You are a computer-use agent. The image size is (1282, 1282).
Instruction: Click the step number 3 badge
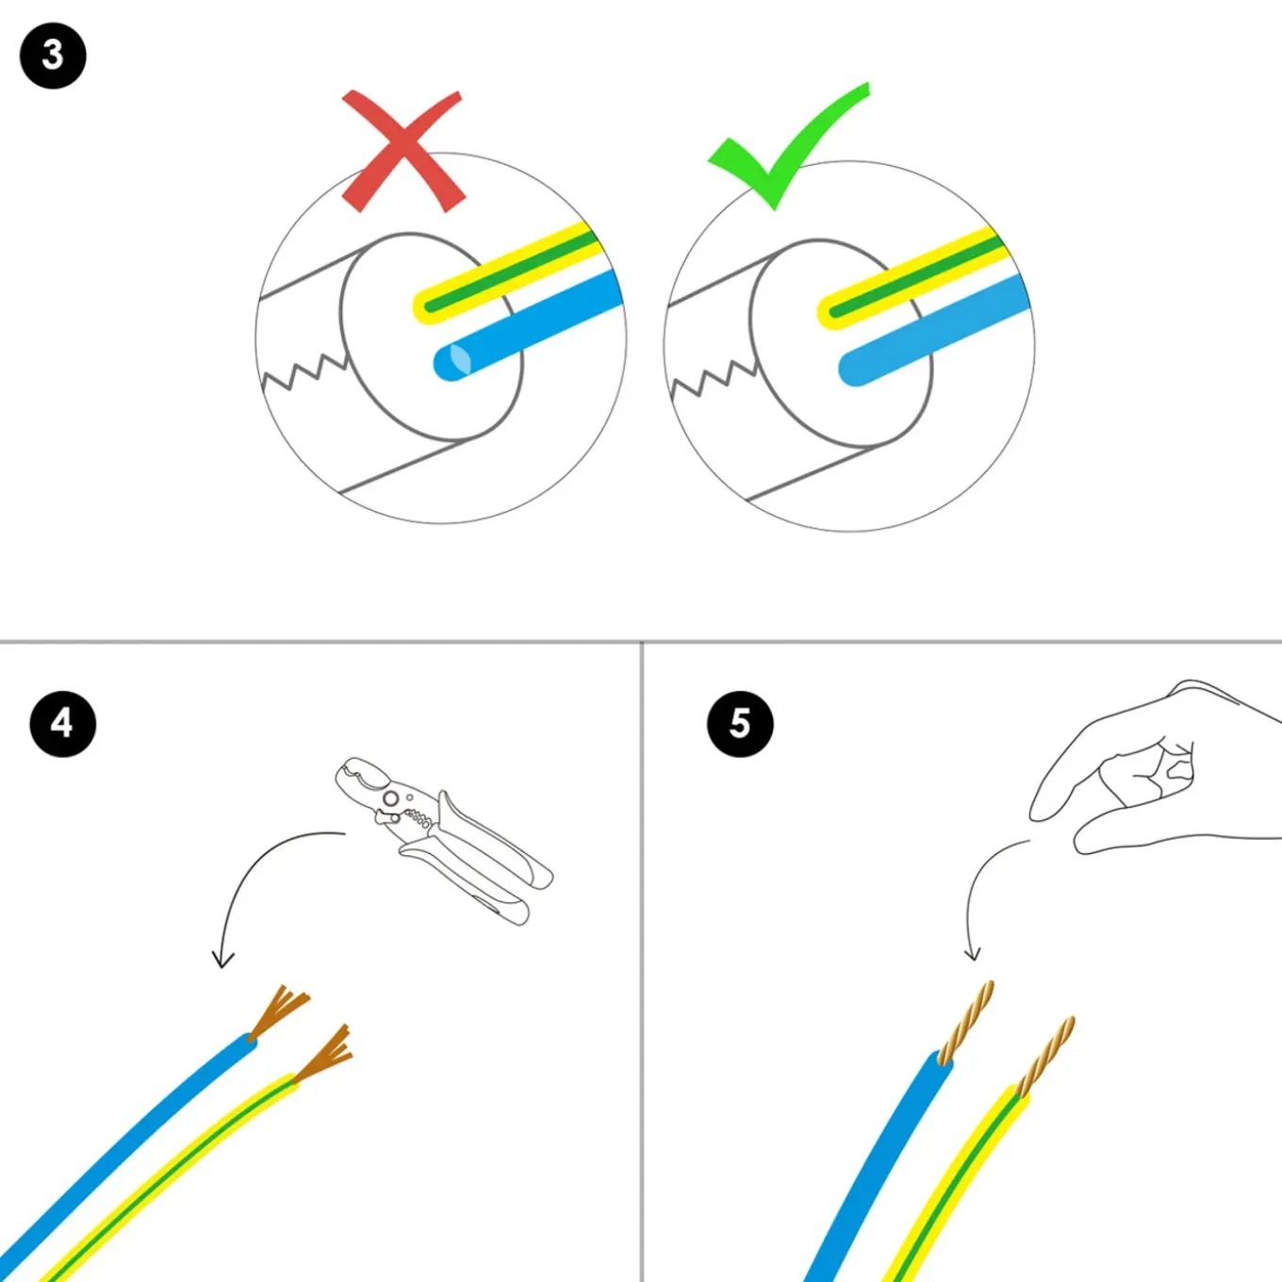click(53, 56)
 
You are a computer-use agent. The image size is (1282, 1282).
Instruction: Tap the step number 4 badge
click(62, 723)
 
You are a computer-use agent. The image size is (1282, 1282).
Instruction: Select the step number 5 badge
click(740, 723)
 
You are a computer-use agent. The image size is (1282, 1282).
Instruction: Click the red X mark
click(403, 152)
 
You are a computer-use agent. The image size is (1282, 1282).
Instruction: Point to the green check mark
click(788, 146)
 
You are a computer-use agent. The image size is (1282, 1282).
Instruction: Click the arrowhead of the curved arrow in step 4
click(222, 960)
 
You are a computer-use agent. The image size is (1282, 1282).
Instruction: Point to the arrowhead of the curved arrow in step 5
click(973, 955)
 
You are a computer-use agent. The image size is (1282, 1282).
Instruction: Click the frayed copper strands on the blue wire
click(279, 1010)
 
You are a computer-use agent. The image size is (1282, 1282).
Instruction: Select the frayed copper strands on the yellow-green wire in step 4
click(324, 1055)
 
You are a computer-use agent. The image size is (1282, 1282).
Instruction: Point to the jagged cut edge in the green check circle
click(713, 378)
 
